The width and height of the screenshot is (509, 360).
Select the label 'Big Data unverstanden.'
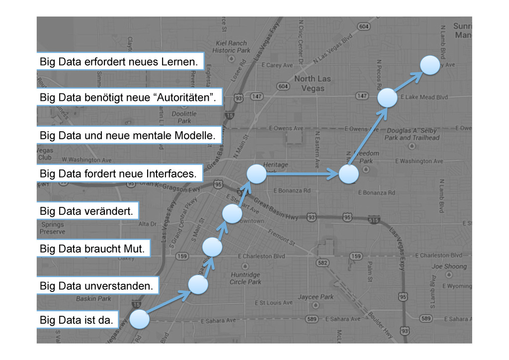97,286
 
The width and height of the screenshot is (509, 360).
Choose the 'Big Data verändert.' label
87,211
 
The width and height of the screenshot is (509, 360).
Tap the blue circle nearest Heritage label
256,175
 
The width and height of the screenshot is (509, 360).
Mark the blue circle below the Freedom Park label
348,175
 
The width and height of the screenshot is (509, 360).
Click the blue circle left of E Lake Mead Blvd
387,98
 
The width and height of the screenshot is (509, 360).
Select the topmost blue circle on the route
430,65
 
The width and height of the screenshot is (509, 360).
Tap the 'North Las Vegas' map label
312,84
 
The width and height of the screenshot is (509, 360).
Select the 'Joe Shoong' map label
449,267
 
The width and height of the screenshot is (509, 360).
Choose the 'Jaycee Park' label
316,297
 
